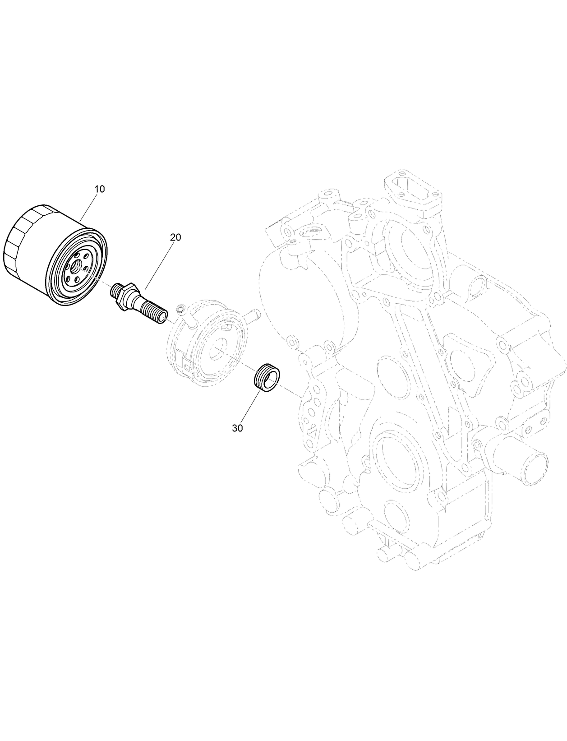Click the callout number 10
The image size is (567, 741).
click(99, 189)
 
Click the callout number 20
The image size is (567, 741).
click(175, 237)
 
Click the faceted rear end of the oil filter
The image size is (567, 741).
click(18, 244)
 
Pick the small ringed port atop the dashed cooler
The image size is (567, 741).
click(180, 309)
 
